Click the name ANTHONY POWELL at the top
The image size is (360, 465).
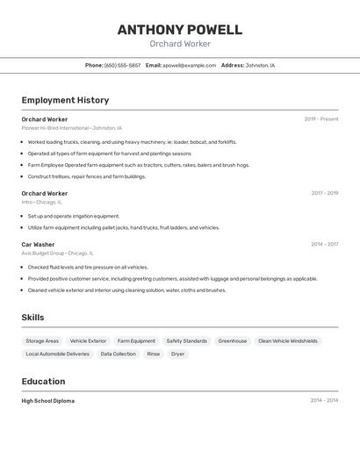[x=179, y=30]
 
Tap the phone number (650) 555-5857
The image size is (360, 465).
[x=122, y=65]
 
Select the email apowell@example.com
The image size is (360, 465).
[x=189, y=65]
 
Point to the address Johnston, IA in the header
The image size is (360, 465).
[x=260, y=65]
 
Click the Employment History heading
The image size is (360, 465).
[x=65, y=100]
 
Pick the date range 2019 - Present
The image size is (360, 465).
[x=320, y=119]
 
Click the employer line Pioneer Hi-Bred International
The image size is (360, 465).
[x=55, y=128]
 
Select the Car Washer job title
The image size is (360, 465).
[x=38, y=244]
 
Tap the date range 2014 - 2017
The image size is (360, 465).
[x=324, y=244]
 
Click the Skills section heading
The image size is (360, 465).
[x=32, y=318]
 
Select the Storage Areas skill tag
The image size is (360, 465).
[x=42, y=340]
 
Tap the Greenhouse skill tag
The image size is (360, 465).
[x=233, y=340]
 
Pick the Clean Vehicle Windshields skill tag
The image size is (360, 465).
[x=288, y=340]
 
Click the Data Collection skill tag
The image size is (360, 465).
[x=118, y=354]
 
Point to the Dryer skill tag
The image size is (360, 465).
[x=177, y=354]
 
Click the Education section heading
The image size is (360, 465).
[x=43, y=382]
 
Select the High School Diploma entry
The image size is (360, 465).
[x=48, y=401]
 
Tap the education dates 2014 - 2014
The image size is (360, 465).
[x=324, y=401]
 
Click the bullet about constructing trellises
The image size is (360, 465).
[x=86, y=176]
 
